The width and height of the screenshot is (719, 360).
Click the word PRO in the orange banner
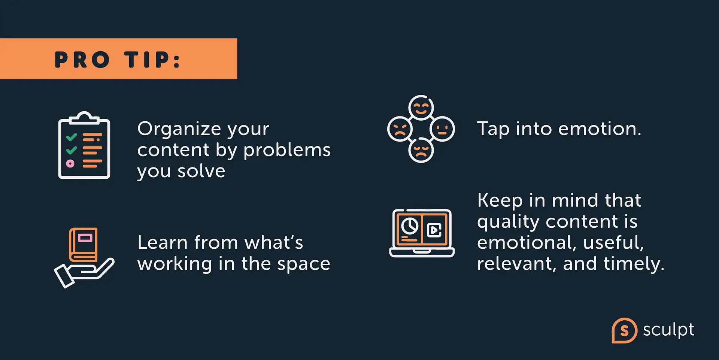pyautogui.click(x=82, y=60)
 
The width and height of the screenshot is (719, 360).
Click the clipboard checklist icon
pyautogui.click(x=84, y=145)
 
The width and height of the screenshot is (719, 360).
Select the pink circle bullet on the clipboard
pyautogui.click(x=70, y=163)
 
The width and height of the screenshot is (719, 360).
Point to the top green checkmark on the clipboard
pyautogui.click(x=71, y=137)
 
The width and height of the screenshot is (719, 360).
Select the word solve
pyautogui.click(x=201, y=171)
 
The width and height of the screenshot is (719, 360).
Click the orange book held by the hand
pyautogui.click(x=83, y=245)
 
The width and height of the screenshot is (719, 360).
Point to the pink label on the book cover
pyautogui.click(x=85, y=238)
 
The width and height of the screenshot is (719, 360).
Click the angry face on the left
pyautogui.click(x=400, y=129)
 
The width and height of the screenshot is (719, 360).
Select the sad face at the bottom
pyautogui.click(x=421, y=150)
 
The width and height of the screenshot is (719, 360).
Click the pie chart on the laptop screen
pyautogui.click(x=410, y=226)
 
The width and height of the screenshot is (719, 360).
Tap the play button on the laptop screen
pyautogui.click(x=434, y=230)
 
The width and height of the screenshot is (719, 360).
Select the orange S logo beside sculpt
pyautogui.click(x=624, y=330)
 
